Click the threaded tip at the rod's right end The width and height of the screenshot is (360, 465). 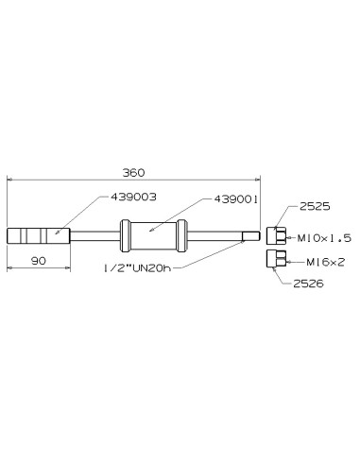click(x=250, y=235)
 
